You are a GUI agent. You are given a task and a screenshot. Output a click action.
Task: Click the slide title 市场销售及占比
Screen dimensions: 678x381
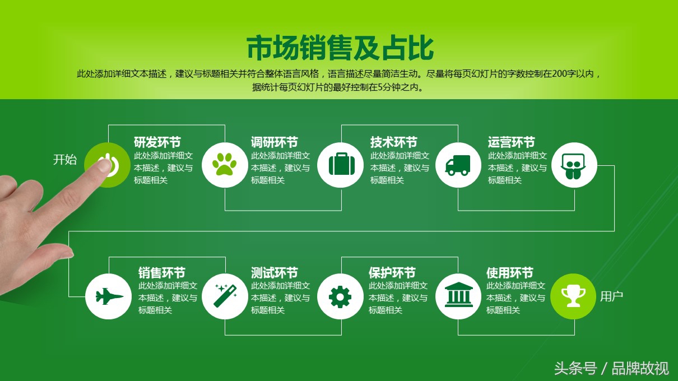(x=340, y=48)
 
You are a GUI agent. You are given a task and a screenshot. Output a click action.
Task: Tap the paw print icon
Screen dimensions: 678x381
(x=224, y=164)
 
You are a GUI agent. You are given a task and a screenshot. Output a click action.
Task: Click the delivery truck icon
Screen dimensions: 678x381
(x=458, y=165)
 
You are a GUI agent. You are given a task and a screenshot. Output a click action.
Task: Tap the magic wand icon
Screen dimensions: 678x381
(x=225, y=295)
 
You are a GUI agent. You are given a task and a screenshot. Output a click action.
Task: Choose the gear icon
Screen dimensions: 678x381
(x=340, y=297)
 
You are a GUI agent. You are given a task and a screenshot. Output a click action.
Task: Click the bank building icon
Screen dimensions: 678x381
(x=458, y=295)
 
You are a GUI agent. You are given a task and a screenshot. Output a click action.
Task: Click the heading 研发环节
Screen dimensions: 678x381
(x=157, y=142)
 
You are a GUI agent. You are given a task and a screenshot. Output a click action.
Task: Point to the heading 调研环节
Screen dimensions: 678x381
(x=274, y=142)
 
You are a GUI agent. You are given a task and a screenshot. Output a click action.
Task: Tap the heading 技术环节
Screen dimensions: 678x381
(x=393, y=142)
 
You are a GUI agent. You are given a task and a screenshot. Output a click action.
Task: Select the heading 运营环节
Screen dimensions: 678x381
(x=511, y=142)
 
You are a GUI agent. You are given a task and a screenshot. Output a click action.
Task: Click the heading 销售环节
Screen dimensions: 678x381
(x=161, y=272)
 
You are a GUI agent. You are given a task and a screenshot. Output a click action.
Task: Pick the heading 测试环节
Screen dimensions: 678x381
(x=274, y=272)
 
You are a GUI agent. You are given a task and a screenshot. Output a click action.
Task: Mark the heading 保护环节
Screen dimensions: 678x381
(x=392, y=272)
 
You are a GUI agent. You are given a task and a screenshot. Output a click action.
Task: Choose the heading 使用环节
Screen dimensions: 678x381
(x=510, y=272)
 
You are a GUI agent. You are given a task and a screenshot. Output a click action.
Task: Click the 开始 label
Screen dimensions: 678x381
(x=65, y=160)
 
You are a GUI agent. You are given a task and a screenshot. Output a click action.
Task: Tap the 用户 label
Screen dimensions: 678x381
(x=611, y=296)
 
